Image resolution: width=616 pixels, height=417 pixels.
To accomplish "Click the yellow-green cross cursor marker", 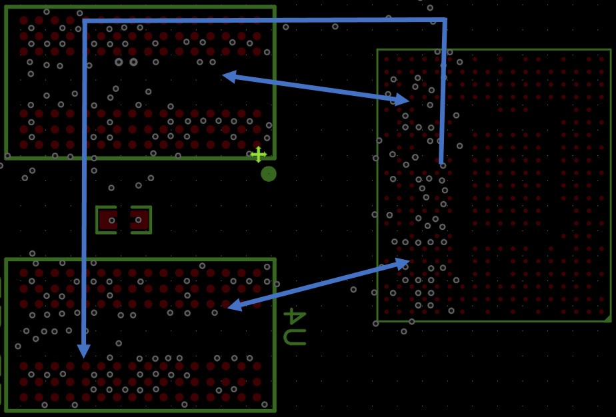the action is point(259,155).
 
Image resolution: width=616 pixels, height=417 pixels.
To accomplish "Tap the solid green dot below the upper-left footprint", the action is point(269,174).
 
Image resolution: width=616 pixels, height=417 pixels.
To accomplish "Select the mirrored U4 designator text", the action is point(295,326).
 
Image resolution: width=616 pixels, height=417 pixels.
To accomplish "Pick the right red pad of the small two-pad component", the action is point(139,220).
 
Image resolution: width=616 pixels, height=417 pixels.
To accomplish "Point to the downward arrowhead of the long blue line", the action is point(84,350).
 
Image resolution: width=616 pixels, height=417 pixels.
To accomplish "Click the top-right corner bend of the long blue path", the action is point(445,19).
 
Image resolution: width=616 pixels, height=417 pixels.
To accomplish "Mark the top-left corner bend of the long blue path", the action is point(85,21).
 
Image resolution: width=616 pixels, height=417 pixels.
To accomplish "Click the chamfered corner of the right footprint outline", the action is point(608,318).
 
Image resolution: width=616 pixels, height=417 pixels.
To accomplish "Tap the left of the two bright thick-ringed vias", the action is point(119,62).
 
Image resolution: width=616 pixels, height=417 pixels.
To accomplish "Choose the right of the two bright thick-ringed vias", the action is point(133,62).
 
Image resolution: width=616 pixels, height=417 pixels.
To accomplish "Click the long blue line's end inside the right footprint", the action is point(441,162).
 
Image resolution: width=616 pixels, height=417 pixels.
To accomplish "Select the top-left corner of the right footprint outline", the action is point(377,50).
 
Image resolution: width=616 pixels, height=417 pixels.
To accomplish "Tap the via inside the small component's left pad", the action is point(112,220).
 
